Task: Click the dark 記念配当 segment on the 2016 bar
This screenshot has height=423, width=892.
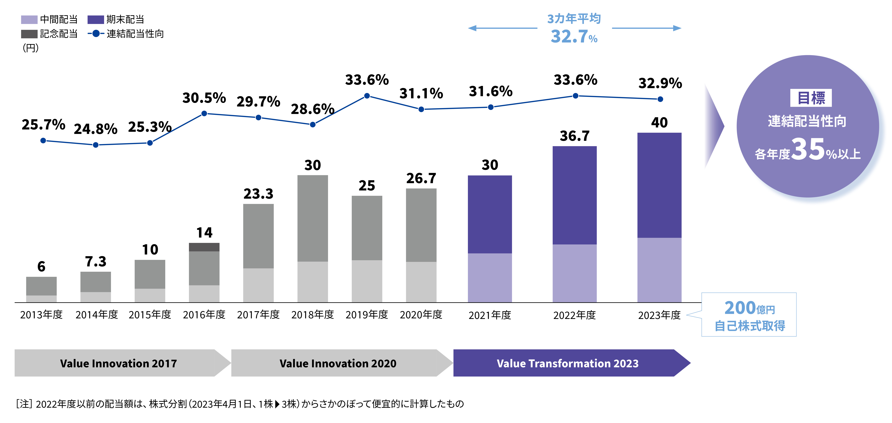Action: tap(204, 247)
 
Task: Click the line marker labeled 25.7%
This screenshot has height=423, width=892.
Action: tap(43, 141)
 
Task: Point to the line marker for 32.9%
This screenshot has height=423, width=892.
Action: tap(660, 99)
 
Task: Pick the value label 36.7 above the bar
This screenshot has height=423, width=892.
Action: tap(574, 136)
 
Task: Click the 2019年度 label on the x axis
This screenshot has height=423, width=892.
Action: tap(367, 315)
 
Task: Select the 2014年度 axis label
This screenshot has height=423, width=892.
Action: tap(97, 315)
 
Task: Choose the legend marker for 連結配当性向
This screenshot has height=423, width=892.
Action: tap(96, 34)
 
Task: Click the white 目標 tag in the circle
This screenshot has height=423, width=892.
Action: tap(811, 98)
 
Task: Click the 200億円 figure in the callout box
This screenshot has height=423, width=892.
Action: tap(749, 308)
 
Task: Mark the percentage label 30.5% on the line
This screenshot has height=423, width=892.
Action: tap(204, 98)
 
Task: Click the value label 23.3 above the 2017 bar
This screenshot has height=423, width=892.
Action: tap(258, 194)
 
